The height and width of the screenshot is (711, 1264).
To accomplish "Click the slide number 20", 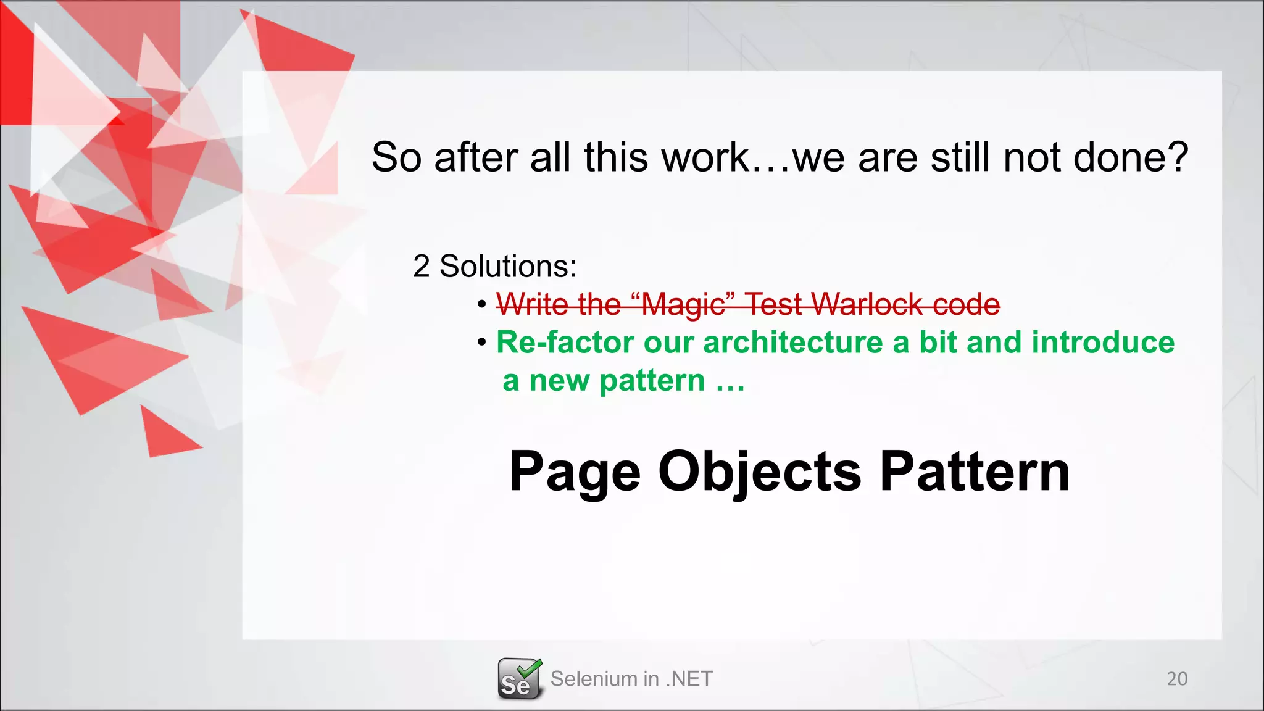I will (x=1177, y=679).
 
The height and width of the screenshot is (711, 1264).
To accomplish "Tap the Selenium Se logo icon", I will (x=519, y=679).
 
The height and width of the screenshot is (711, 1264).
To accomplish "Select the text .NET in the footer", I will (x=689, y=679).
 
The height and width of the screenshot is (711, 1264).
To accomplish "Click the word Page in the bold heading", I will (x=575, y=472).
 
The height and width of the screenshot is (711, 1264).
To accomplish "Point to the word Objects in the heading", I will (x=759, y=472).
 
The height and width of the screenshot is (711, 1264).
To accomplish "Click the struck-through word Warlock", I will (x=867, y=304).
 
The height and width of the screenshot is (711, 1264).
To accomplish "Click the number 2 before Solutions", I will (x=421, y=267).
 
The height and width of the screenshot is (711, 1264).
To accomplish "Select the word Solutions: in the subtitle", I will (x=507, y=267).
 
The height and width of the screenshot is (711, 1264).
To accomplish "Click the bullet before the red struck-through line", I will (x=482, y=304).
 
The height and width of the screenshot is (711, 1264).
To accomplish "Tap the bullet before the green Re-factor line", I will (x=482, y=343).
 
